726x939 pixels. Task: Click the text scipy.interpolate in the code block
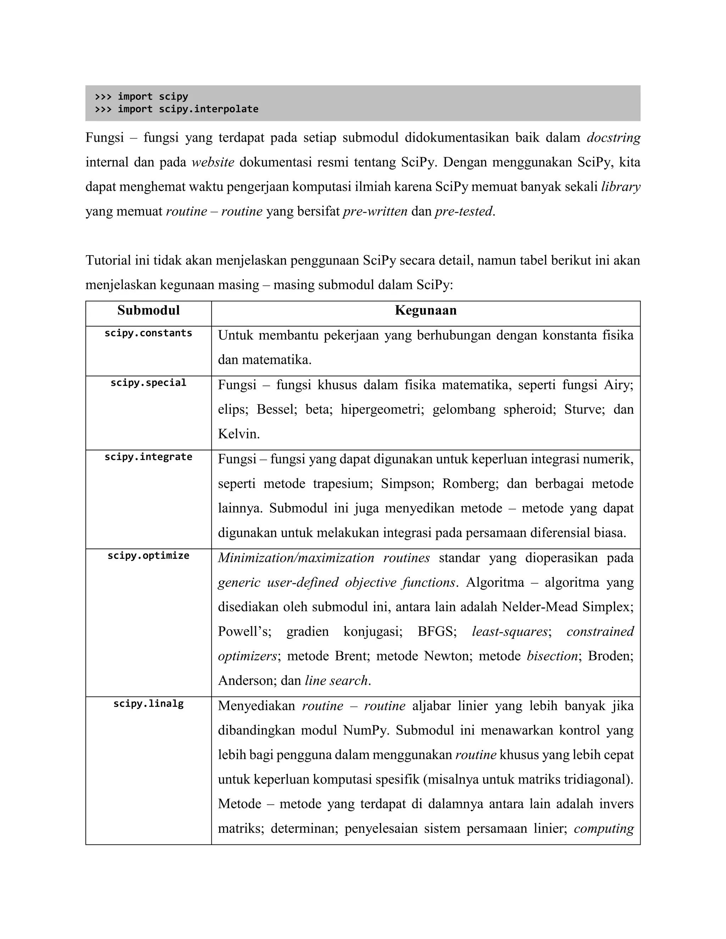tap(208, 109)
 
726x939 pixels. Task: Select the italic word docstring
tap(613, 137)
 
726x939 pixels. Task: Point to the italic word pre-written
tap(375, 212)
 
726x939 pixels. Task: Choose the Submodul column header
tap(149, 310)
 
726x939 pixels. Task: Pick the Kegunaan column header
tap(425, 310)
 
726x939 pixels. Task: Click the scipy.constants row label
tap(149, 333)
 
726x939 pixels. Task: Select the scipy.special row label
tap(149, 383)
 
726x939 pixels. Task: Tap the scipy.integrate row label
tap(149, 457)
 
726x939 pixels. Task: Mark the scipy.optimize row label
tap(149, 556)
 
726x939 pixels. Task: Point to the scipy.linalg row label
tap(149, 703)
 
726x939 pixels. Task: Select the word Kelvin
tap(238, 434)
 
